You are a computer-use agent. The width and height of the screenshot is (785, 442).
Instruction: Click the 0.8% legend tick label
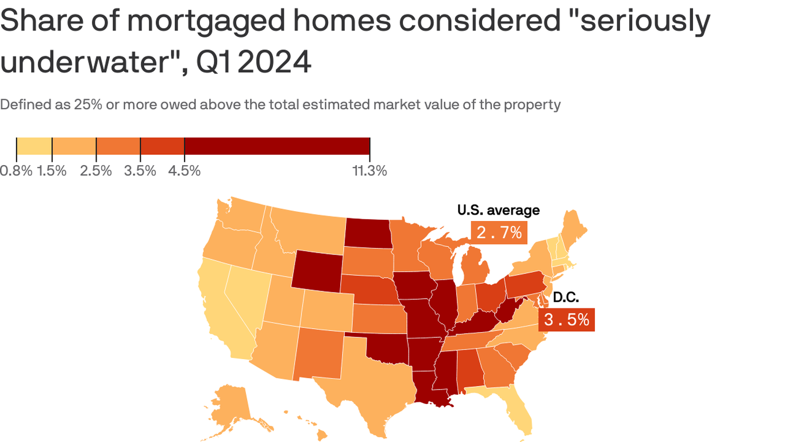tap(16, 171)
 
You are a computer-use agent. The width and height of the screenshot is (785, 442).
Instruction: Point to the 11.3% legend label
tap(370, 171)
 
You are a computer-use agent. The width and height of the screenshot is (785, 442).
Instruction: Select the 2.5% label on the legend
tap(96, 171)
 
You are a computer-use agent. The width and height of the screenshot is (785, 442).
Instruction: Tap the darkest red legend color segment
tap(277, 146)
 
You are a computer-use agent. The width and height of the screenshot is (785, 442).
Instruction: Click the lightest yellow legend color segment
tap(34, 146)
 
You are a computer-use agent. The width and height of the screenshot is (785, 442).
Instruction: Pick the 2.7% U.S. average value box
tap(499, 233)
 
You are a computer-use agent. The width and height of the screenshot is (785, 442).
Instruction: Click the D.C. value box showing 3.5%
tap(566, 319)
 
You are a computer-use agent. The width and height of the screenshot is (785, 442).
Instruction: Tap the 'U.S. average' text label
tap(498, 210)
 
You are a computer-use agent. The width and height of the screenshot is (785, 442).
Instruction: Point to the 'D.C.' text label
tap(565, 298)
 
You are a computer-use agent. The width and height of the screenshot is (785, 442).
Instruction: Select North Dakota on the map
tap(368, 233)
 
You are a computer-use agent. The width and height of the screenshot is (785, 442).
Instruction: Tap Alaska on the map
tap(230, 403)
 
